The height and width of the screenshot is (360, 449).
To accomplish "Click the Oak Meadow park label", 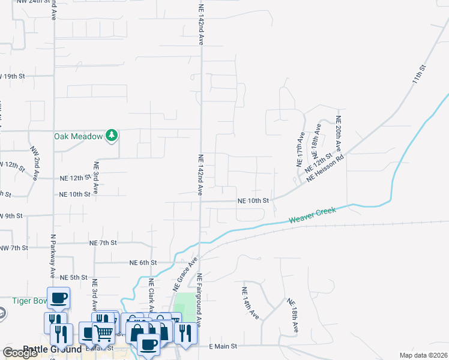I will tap(79, 136).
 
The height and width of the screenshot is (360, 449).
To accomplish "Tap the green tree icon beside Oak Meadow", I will tap(111, 136).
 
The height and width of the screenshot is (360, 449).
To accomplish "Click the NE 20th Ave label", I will tap(339, 134).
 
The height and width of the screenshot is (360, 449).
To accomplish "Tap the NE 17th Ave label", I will tap(301, 149).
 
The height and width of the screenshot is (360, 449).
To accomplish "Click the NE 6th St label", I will tap(143, 263).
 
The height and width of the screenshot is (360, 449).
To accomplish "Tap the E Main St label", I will tap(223, 347).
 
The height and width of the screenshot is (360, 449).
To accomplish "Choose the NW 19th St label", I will tap(12, 76).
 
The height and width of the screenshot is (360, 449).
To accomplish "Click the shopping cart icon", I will tap(103, 332).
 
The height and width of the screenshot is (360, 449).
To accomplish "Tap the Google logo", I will tap(20, 353).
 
